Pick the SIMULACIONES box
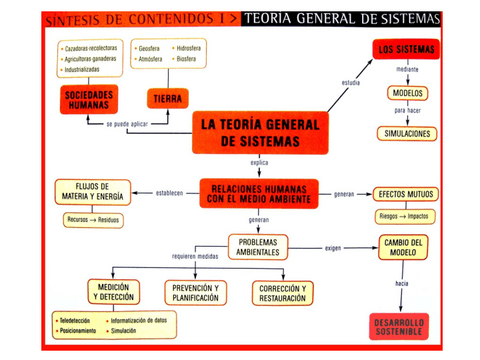pos(406,133)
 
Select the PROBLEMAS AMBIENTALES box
pos(258,245)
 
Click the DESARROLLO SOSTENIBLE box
pos(403,327)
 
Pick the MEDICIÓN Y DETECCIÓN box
pos(112,291)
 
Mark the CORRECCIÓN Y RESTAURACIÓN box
pos(284,291)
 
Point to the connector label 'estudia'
pos(350,81)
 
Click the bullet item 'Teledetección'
pos(77,320)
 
